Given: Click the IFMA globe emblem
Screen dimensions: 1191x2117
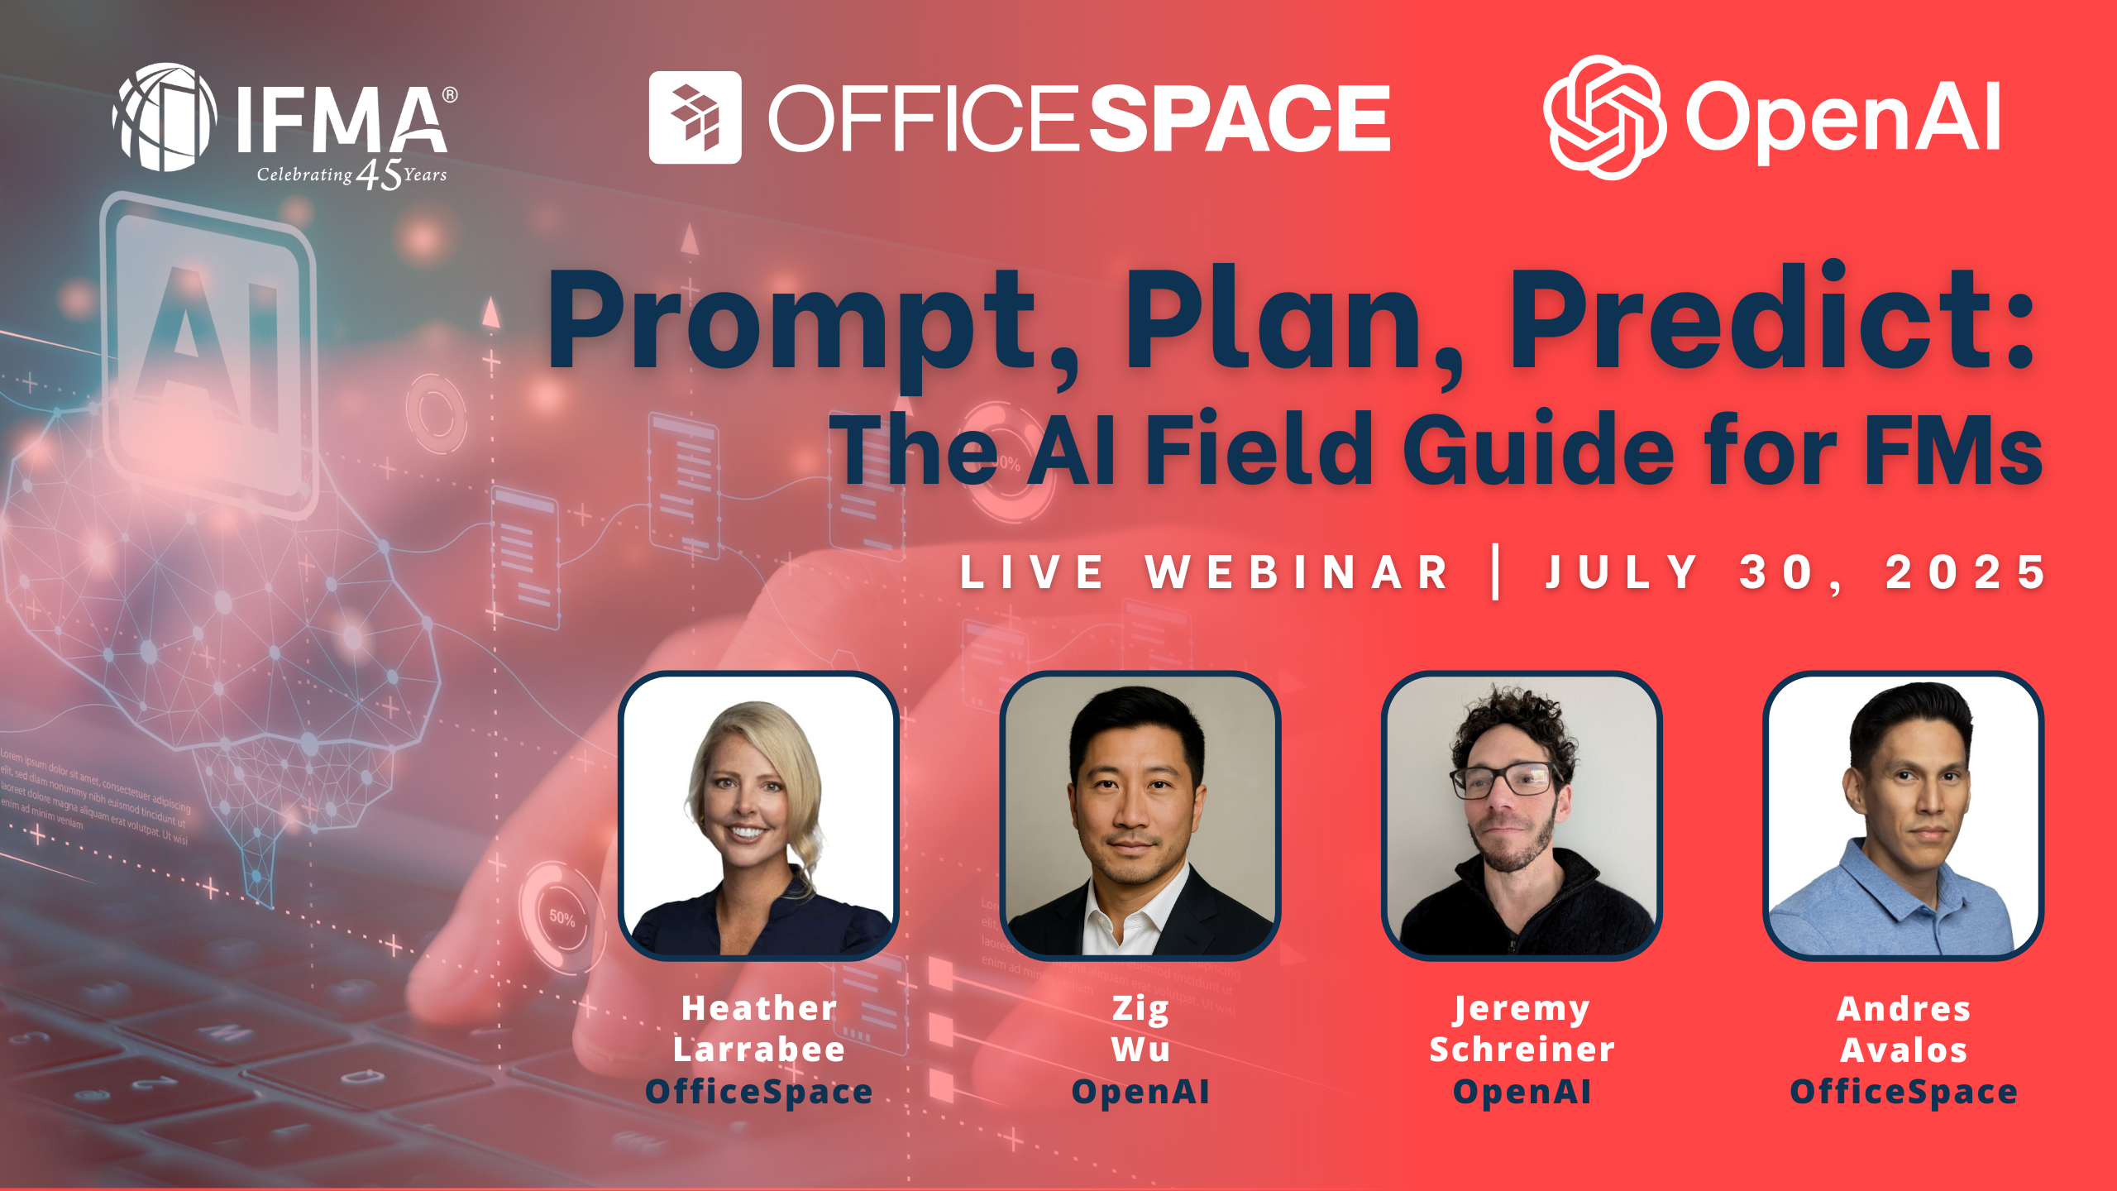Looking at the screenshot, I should [x=165, y=117].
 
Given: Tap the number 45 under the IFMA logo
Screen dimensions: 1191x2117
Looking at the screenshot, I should [x=379, y=175].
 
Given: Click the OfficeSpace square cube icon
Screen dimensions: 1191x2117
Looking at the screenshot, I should [x=695, y=117].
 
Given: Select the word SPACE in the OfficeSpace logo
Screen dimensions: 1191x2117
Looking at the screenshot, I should [x=1239, y=118].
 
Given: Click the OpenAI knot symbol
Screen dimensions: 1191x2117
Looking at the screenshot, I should [x=1603, y=117].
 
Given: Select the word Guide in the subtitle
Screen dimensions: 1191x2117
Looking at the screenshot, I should [x=1538, y=451].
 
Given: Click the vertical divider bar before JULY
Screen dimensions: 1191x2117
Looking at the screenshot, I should [x=1496, y=572].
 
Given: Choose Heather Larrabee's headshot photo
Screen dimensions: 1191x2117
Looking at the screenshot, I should [x=758, y=816].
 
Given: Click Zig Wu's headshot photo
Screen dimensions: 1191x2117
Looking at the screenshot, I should [x=1140, y=816].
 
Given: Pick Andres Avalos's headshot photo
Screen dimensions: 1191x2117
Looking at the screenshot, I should [x=1903, y=816].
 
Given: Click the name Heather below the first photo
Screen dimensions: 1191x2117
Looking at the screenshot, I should [x=759, y=1008].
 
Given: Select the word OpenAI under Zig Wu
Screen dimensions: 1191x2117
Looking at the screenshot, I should [x=1140, y=1092].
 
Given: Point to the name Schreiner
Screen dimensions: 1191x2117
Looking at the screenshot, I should [x=1522, y=1050].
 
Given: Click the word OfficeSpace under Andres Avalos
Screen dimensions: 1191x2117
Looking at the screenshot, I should [x=1903, y=1092].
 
